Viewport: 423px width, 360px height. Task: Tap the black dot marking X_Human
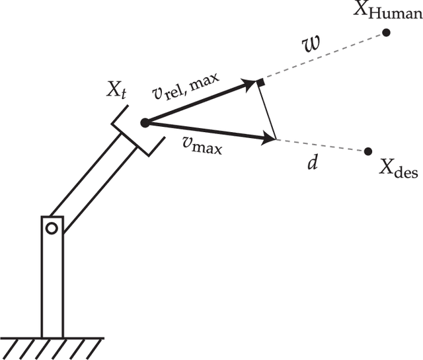pos(386,32)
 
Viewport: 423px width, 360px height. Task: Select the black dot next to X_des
pos(368,151)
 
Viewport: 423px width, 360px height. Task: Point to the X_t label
pos(115,90)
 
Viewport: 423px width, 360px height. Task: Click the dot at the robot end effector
pos(144,122)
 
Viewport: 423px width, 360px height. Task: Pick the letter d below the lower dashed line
pos(313,162)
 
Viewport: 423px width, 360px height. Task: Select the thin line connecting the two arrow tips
pos(268,111)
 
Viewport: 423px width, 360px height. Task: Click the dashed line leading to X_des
pos(324,145)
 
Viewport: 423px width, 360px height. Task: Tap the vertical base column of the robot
pos(52,284)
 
